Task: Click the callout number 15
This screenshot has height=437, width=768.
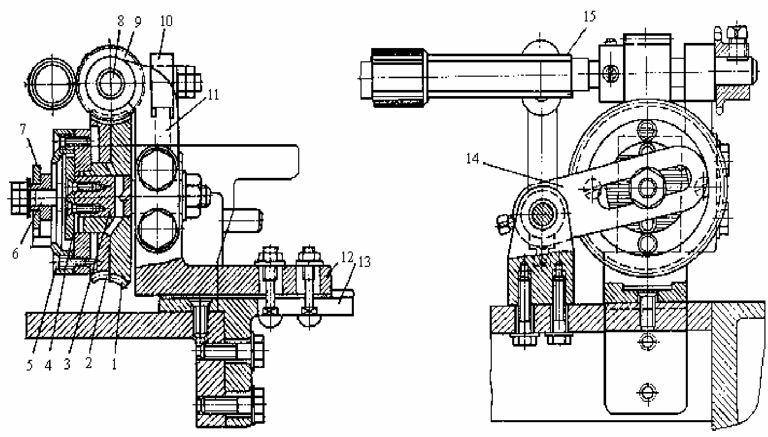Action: (x=590, y=16)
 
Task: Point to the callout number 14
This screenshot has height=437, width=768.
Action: (x=473, y=158)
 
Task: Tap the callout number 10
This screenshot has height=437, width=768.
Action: (x=166, y=21)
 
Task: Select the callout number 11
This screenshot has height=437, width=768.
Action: (x=213, y=95)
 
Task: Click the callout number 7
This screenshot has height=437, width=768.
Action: (x=23, y=129)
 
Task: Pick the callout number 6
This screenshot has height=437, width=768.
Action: (x=15, y=254)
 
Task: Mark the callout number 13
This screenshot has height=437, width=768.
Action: (x=365, y=262)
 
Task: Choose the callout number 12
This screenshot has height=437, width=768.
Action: (x=347, y=257)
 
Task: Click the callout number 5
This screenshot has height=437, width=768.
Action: (x=30, y=365)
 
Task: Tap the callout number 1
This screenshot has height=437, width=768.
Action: (x=114, y=364)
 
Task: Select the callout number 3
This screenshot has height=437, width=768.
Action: (x=67, y=364)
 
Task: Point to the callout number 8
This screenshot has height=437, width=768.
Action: (x=121, y=21)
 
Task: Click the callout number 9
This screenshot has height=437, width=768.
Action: (x=137, y=21)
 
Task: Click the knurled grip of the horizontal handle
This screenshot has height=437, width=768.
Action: (x=398, y=78)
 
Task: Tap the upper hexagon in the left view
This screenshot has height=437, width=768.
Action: (x=157, y=168)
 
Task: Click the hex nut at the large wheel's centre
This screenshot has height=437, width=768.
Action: (x=647, y=188)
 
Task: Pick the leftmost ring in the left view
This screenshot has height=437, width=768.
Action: (x=52, y=84)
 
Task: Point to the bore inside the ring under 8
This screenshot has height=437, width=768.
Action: (x=111, y=83)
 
